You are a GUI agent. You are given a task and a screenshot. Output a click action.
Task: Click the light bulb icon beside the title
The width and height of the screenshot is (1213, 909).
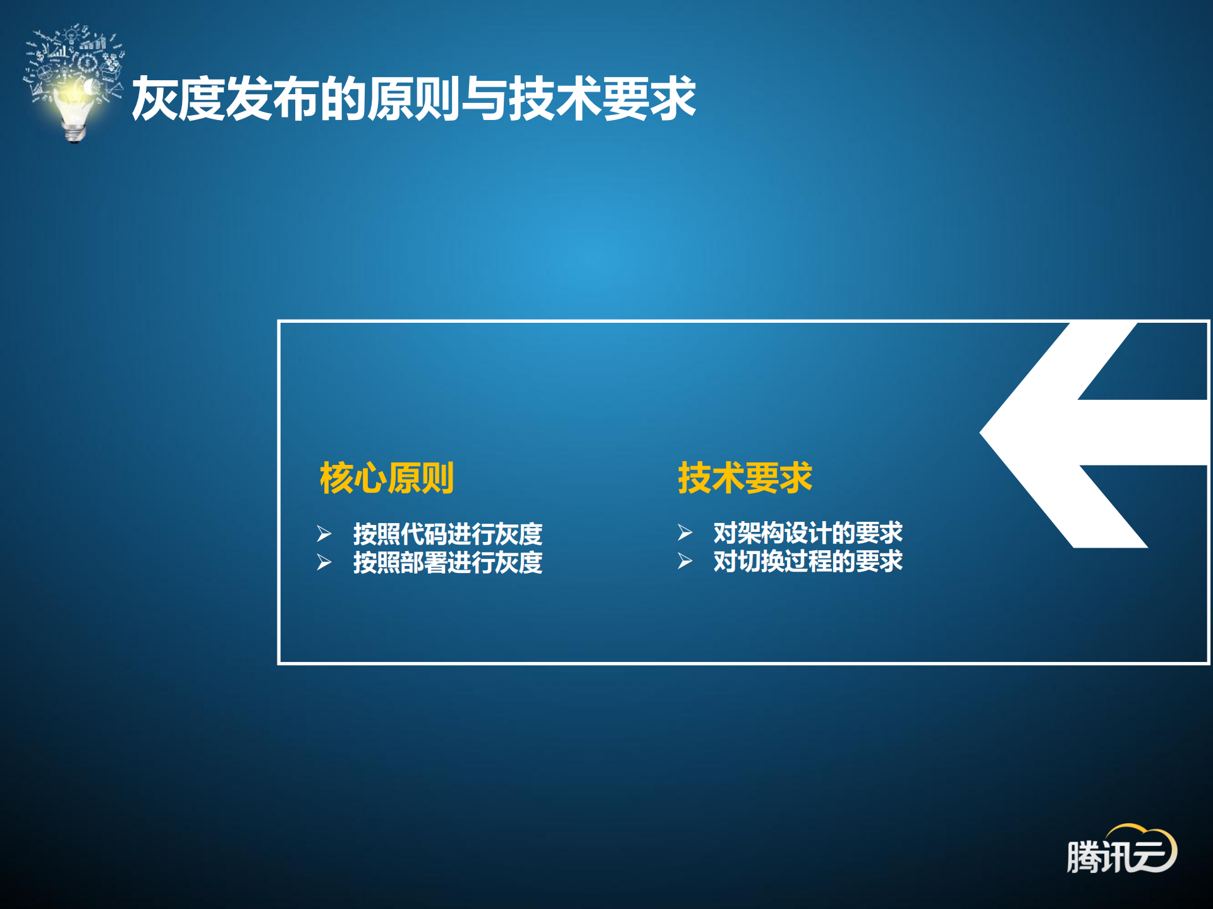pyautogui.click(x=75, y=88)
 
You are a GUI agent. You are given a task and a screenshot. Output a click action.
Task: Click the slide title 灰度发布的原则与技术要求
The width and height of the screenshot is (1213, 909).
pyautogui.click(x=413, y=99)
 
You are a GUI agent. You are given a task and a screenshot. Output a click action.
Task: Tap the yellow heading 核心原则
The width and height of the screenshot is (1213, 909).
pyautogui.click(x=386, y=478)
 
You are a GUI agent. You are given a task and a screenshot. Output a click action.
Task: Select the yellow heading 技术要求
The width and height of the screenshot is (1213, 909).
pyautogui.click(x=745, y=478)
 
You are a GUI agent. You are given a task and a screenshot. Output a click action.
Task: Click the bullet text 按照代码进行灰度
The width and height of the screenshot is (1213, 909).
pyautogui.click(x=448, y=534)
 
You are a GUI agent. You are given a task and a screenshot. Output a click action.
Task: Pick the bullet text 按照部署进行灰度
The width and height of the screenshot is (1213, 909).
pyautogui.click(x=448, y=562)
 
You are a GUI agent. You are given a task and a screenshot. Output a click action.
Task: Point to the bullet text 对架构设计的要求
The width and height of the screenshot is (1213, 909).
pyautogui.click(x=808, y=533)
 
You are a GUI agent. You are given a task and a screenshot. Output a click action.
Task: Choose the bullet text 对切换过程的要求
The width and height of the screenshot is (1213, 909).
pyautogui.click(x=808, y=561)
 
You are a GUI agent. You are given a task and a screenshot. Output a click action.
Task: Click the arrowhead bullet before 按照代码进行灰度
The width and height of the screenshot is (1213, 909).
pyautogui.click(x=324, y=534)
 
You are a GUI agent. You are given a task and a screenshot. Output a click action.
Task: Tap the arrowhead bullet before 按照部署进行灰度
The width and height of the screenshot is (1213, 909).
pyautogui.click(x=324, y=562)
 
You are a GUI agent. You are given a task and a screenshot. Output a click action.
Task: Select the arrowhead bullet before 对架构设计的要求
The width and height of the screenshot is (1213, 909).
pyautogui.click(x=685, y=533)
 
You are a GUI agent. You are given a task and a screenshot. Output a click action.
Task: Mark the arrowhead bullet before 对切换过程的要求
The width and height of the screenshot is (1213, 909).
pyautogui.click(x=685, y=561)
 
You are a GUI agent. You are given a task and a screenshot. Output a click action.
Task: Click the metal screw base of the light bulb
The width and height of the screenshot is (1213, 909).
pyautogui.click(x=75, y=133)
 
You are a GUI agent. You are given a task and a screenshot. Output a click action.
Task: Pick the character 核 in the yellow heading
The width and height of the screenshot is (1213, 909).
pyautogui.click(x=336, y=478)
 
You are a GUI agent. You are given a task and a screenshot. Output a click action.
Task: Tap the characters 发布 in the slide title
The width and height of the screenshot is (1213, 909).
pyautogui.click(x=272, y=99)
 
